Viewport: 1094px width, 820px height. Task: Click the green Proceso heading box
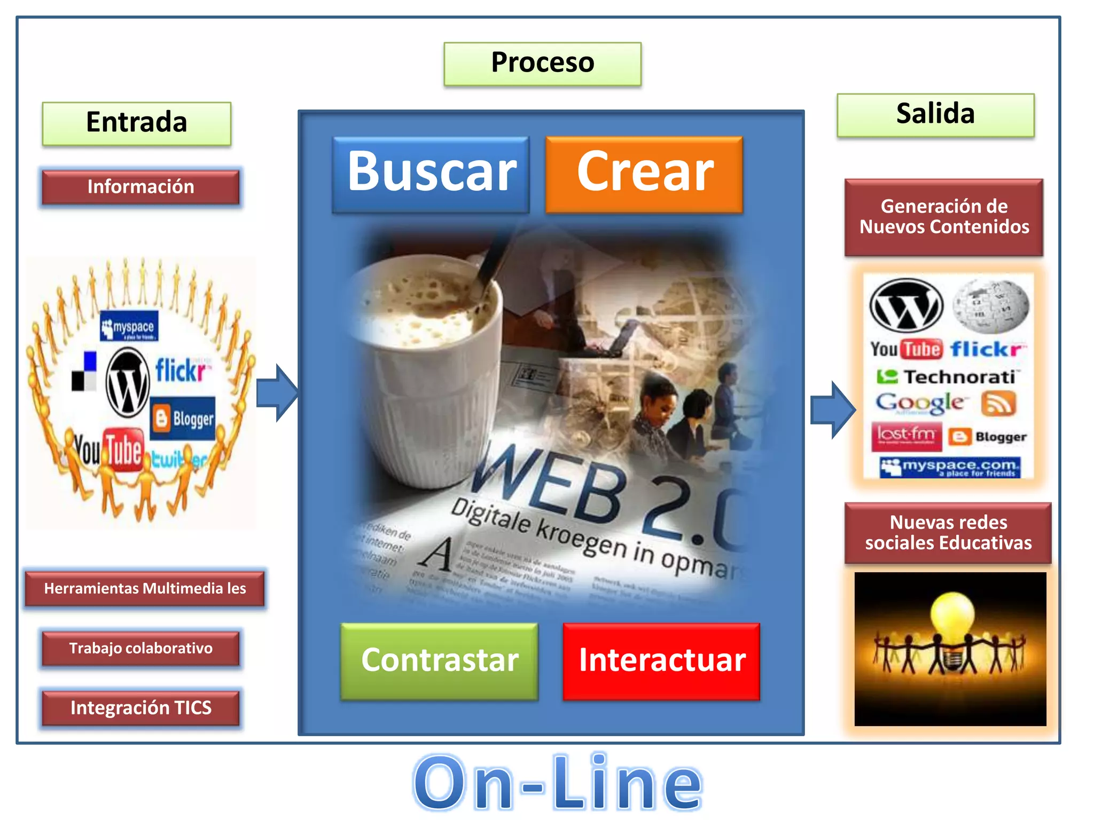point(542,64)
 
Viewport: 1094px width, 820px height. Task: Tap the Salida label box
point(935,115)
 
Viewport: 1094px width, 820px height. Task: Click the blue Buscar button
point(431,174)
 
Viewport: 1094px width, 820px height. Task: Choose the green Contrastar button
point(439,661)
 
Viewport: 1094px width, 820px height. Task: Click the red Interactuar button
point(661,661)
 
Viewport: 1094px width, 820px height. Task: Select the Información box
point(140,187)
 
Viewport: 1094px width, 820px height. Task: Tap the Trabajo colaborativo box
point(140,649)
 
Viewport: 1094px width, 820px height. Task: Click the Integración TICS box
point(140,708)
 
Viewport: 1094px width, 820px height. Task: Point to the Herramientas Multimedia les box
point(145,589)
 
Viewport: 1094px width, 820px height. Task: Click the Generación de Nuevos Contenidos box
point(944,217)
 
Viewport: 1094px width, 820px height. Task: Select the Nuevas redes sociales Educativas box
point(948,533)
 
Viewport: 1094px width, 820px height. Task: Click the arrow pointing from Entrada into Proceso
point(277,393)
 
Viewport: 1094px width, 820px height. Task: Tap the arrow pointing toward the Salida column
point(833,410)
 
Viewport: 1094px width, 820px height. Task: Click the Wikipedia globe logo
point(991,306)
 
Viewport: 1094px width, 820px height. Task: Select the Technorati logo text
point(959,377)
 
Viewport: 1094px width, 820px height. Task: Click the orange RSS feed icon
point(998,404)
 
